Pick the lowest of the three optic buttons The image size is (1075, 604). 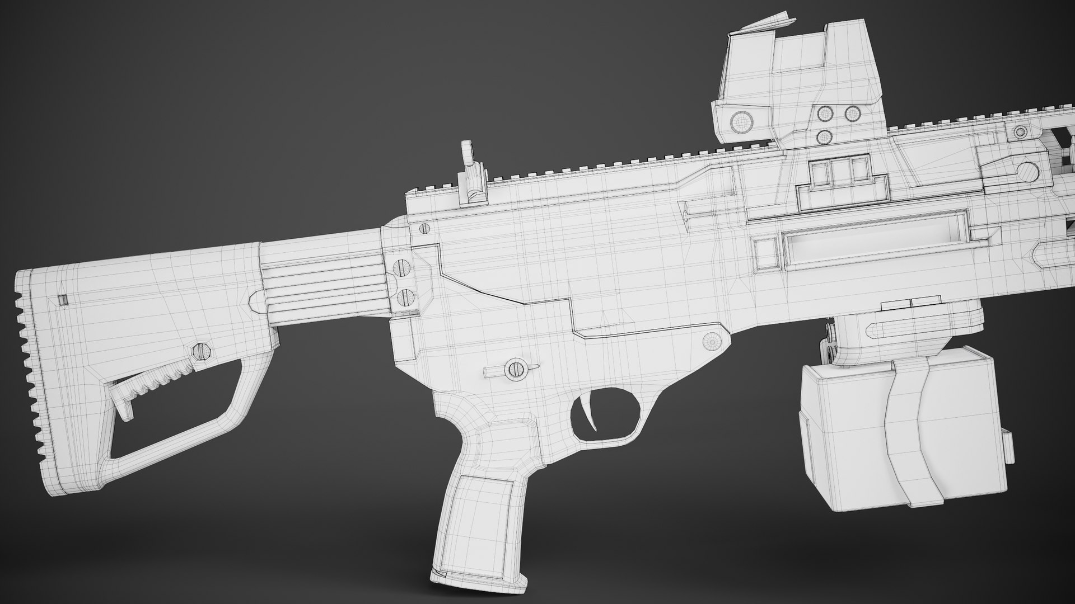(824, 136)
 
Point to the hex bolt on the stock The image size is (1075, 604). (202, 351)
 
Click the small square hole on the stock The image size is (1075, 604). (63, 300)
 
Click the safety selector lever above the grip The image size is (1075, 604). (512, 369)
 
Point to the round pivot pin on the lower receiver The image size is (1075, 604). (712, 339)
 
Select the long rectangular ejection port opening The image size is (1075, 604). (876, 242)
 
